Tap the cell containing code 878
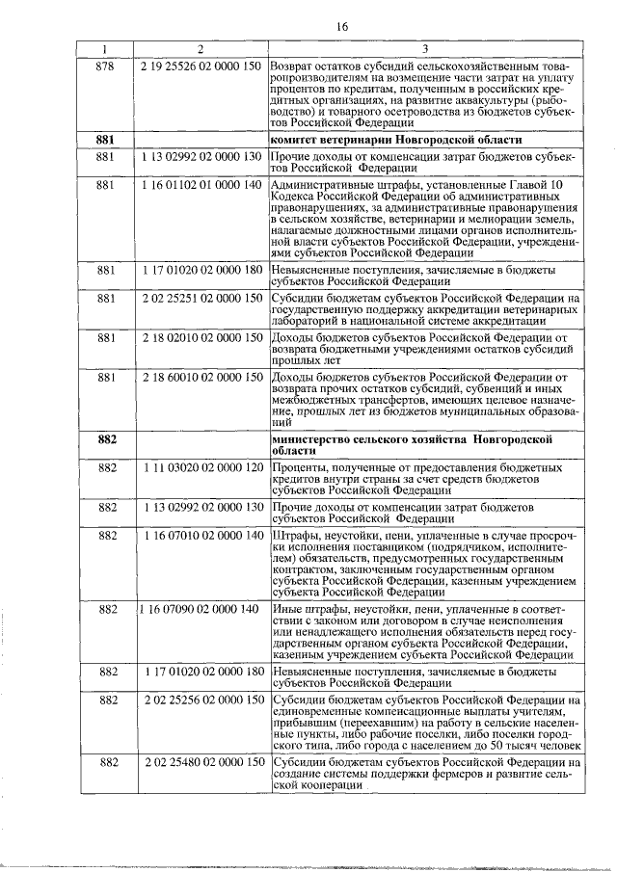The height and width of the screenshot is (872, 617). point(106,65)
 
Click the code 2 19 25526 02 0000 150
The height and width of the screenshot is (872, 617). point(201,65)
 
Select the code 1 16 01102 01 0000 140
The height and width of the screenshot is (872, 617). point(201,184)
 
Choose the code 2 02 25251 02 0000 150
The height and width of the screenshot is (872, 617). point(201,299)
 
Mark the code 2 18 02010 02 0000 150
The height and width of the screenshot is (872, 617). point(201,337)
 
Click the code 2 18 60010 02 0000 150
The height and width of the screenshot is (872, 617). point(201,376)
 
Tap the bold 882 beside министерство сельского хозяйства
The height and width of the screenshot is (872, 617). point(106,439)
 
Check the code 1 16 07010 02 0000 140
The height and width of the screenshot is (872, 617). point(201,534)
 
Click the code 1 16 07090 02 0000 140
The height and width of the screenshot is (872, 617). point(199,609)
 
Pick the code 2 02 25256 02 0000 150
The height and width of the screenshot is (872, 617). point(201,698)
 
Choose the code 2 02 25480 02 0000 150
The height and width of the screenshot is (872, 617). point(201,761)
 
